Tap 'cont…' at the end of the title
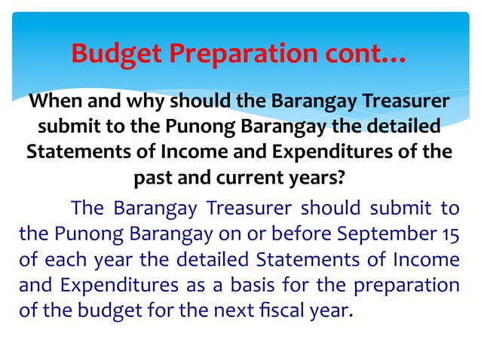tap(368, 53)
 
